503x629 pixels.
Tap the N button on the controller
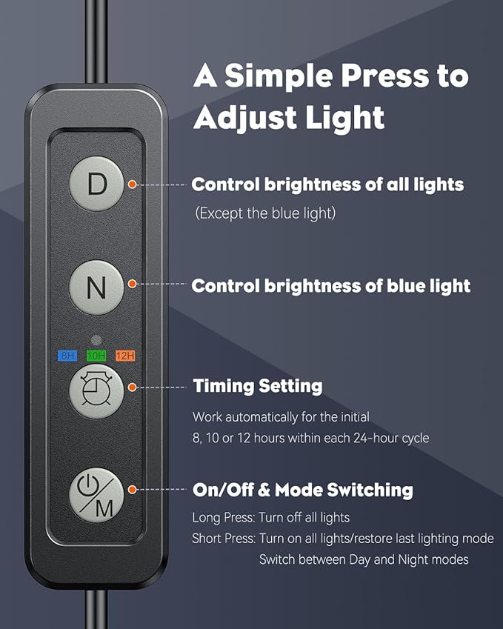[x=96, y=287]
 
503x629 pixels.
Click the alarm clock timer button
[x=96, y=391]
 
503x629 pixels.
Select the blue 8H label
[x=67, y=356]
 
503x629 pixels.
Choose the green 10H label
[x=96, y=356]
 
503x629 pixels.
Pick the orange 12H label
[x=125, y=356]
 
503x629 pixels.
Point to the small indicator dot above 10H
[x=96, y=340]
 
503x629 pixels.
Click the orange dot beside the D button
[x=132, y=184]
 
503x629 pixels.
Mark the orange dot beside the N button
[x=132, y=284]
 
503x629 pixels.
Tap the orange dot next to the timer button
[x=132, y=387]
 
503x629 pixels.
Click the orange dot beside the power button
[x=132, y=490]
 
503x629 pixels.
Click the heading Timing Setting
[x=258, y=386]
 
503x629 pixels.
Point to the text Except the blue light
[x=265, y=213]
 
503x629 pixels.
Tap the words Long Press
[x=223, y=517]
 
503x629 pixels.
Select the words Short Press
[x=224, y=539]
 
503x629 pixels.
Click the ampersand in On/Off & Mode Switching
[x=264, y=490]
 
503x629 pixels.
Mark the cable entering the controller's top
[x=96, y=42]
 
